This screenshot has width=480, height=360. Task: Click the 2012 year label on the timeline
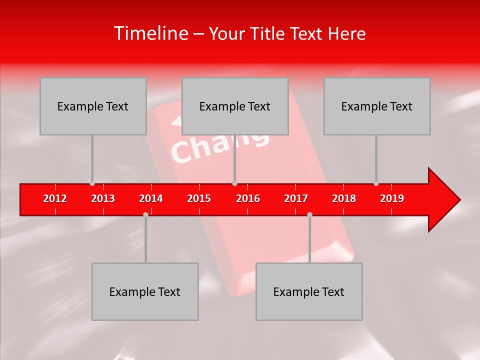point(55,198)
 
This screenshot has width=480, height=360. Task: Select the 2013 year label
point(103,198)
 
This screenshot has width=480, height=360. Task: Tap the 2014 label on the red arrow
point(151,198)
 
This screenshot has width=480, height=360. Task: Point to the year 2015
point(199,198)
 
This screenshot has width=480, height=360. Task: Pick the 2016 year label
point(248,198)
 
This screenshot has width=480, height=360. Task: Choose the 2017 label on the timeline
point(296,198)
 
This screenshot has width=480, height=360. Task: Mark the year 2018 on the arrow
point(344,198)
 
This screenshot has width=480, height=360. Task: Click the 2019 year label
point(392,198)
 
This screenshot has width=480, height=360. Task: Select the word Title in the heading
point(268,34)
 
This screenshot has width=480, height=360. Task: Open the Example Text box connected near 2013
point(93,106)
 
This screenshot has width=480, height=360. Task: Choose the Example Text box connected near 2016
point(235,106)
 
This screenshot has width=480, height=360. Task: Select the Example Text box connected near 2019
point(377,106)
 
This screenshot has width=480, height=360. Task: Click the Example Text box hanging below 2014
point(145,291)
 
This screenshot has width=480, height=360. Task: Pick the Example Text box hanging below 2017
point(309,291)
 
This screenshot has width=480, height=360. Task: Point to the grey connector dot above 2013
point(92,183)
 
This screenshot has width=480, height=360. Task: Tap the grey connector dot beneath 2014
point(145,214)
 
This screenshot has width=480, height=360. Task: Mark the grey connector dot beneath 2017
point(309,214)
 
